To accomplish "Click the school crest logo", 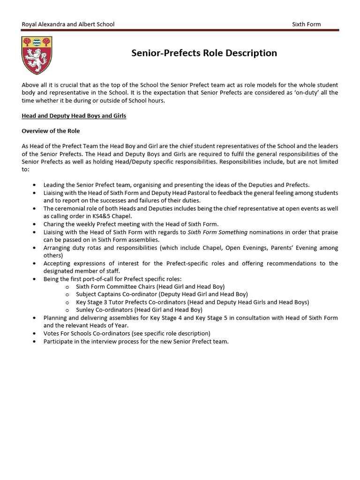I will (37, 55).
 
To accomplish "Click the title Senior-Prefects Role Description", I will (204, 53).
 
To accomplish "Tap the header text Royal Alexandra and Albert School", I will (68, 24).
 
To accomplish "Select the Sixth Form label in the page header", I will (306, 24).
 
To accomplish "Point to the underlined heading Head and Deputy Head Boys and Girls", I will (74, 116).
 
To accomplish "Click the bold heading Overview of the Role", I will (54, 131).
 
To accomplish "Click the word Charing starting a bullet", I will (54, 225).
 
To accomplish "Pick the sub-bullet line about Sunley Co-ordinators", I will (139, 310).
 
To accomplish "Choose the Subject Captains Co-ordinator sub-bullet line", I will (162, 294).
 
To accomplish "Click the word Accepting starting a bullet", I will (58, 263).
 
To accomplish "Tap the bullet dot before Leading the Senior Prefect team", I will (35, 186).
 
